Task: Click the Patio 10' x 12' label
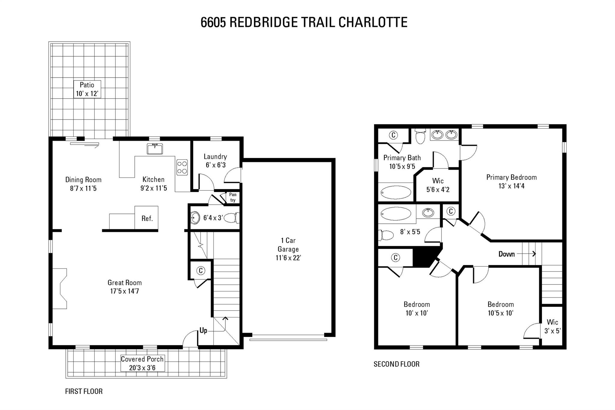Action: point(87,89)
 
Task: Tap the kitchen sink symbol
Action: point(155,149)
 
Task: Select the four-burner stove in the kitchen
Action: point(182,167)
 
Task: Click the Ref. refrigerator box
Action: point(147,218)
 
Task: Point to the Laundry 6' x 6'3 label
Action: point(215,161)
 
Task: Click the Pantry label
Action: point(233,197)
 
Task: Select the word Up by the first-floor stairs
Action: point(203,331)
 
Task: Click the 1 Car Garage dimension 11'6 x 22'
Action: point(288,258)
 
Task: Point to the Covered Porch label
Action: point(142,363)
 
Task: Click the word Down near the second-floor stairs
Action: point(507,254)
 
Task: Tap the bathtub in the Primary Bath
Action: point(396,192)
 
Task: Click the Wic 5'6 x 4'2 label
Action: point(438,185)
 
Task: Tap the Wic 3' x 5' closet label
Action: point(552,326)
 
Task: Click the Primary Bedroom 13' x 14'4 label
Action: point(511,181)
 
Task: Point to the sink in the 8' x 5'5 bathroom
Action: point(428,213)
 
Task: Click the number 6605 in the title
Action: point(213,23)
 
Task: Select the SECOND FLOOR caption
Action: point(396,364)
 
